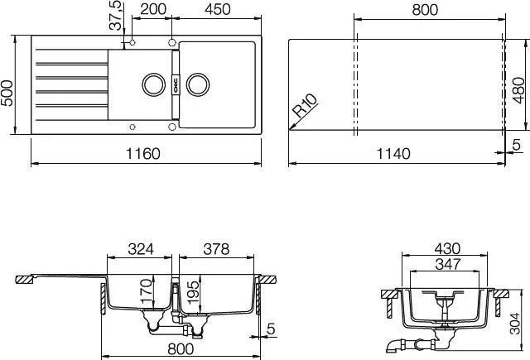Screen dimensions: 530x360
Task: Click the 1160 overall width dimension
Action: pos(143,154)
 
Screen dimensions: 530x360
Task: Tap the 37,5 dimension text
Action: pos(116,15)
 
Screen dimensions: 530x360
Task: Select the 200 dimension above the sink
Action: pos(153,9)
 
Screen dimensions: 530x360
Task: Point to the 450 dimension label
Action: pos(218,9)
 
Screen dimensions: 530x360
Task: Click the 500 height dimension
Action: pos(7,94)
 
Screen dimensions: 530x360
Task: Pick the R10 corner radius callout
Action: pos(305,105)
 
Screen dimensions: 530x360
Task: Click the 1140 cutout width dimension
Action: pos(393,154)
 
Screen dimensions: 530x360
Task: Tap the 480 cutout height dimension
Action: pos(518,90)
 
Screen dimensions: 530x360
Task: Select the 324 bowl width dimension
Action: pos(141,249)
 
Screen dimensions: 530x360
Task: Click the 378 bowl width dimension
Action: pos(216,249)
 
